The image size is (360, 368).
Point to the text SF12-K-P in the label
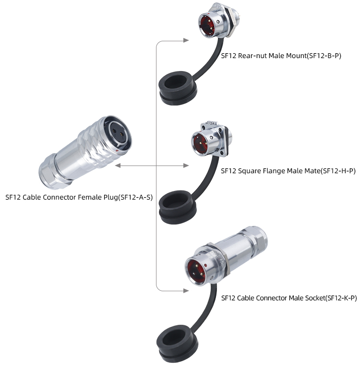tap(341, 298)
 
